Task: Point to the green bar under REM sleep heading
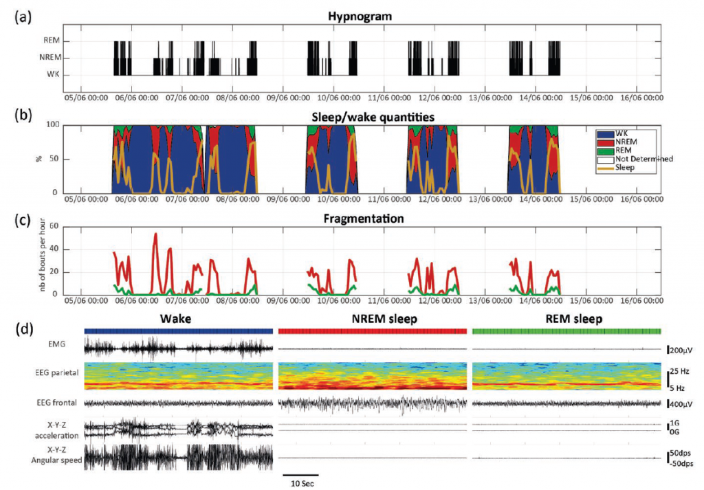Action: click(566, 331)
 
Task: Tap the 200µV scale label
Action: click(683, 350)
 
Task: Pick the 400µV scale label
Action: click(683, 403)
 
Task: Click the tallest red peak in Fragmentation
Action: click(155, 234)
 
